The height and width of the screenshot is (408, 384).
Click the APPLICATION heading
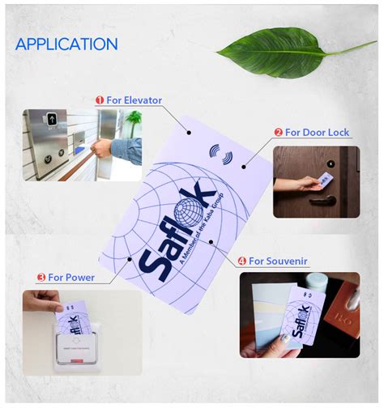[x=66, y=44]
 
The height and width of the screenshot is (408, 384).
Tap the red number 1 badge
[x=100, y=100]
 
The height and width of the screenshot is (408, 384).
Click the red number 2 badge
[x=278, y=132]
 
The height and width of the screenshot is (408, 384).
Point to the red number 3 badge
[x=41, y=278]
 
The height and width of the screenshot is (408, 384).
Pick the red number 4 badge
[x=241, y=261]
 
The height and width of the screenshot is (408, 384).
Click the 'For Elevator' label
[x=134, y=100]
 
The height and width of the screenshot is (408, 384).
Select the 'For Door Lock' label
[x=318, y=132]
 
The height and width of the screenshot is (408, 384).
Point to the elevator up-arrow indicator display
[x=53, y=120]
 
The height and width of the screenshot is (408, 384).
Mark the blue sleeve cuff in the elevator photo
[x=118, y=149]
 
